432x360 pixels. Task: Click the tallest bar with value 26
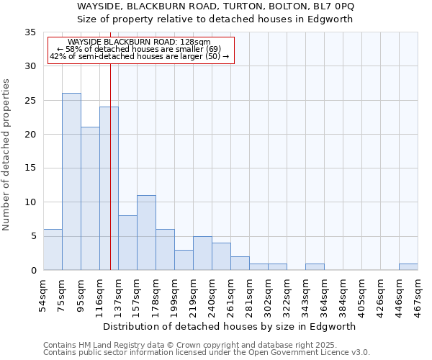tap(71, 181)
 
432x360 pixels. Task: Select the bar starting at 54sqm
tap(53, 249)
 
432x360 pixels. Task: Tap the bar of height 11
tap(146, 233)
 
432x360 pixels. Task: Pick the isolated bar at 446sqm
tap(408, 266)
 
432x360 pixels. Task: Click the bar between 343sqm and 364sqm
tap(315, 266)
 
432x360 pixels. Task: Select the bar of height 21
tap(90, 199)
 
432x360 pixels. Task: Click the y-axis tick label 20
tap(30, 135)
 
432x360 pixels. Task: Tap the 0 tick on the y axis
tap(32, 271)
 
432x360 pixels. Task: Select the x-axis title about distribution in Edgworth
tap(230, 327)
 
